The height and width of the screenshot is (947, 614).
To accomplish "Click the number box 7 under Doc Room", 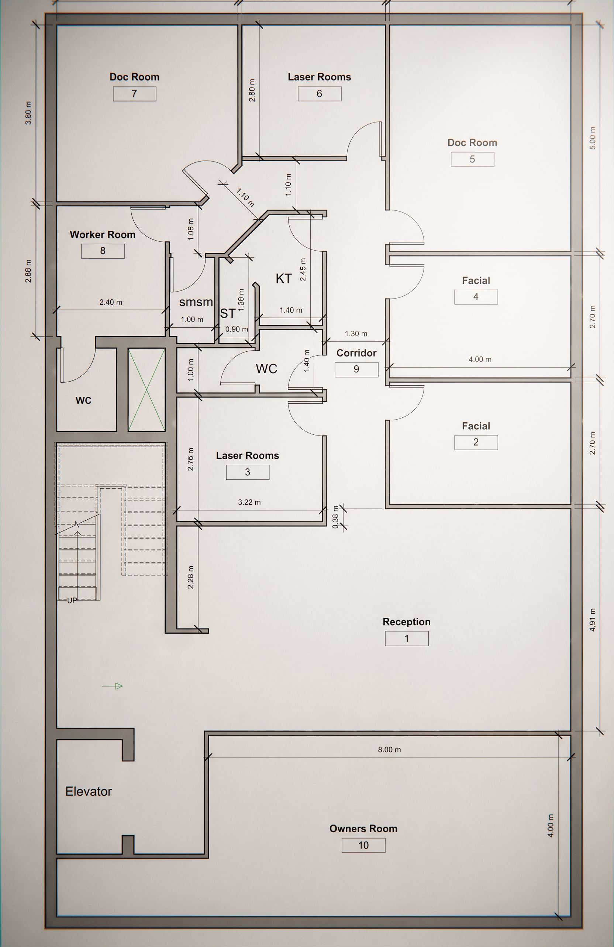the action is (135, 93).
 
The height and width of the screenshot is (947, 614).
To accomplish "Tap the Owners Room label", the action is (363, 828).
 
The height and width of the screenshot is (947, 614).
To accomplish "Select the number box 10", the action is (363, 845).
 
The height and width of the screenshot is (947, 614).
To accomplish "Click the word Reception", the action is (406, 621).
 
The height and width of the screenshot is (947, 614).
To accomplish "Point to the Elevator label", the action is (88, 791).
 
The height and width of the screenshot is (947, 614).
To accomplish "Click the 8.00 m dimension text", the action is (389, 750).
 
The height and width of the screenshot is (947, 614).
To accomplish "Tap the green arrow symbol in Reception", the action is (113, 686).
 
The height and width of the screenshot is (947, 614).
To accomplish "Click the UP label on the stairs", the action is (72, 600).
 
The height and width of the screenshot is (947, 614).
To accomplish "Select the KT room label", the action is (284, 279).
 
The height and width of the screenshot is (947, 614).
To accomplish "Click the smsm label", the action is (196, 302).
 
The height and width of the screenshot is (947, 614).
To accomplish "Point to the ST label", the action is (228, 314).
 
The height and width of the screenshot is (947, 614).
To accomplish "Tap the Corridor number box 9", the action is (356, 369).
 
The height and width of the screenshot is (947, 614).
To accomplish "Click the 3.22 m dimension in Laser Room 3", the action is (249, 502).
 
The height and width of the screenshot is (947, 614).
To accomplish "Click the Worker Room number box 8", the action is (103, 251).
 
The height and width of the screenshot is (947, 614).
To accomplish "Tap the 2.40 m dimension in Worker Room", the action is (111, 302).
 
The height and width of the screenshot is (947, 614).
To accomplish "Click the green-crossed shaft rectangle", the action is (146, 390).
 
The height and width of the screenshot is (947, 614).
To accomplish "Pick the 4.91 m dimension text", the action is (593, 620).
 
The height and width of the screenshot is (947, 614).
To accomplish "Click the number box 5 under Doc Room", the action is (472, 159).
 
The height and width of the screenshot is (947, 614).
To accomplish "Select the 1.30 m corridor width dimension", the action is (356, 333).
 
